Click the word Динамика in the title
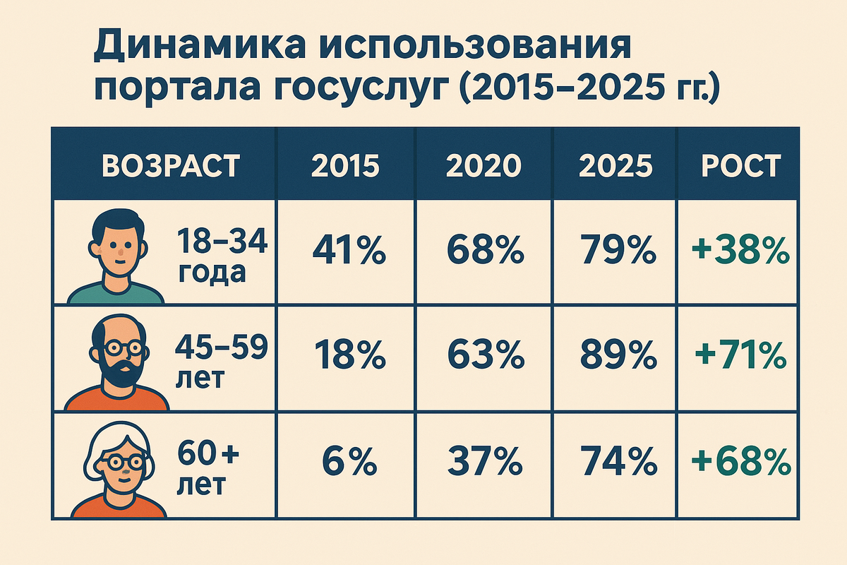pos(200,48)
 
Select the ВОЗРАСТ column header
pos(171,165)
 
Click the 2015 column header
pos(345,165)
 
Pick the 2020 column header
pos(483,165)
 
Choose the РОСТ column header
pos(741,165)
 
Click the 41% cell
pos(349,250)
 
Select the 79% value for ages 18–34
pos(618,250)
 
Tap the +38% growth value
pos(740,250)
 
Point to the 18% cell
pos(350,355)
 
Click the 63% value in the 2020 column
pos(486,355)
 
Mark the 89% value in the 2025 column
pos(618,355)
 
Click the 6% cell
pos(349,461)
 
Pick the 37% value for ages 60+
pos(485,461)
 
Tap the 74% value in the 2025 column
pos(619,461)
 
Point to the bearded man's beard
pos(121,374)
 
